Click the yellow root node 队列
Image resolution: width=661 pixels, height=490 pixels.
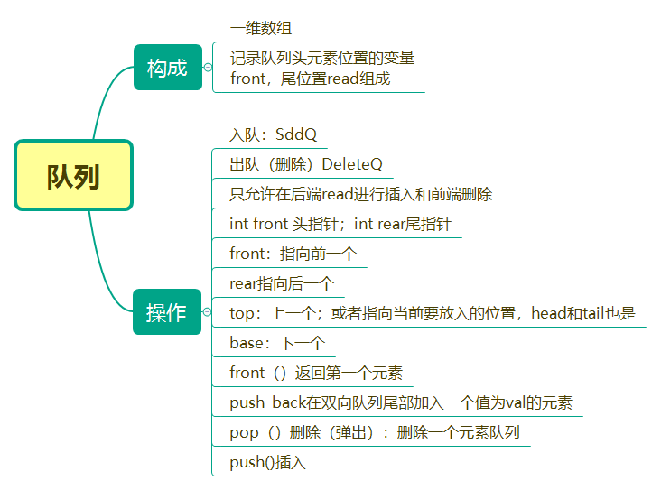73,176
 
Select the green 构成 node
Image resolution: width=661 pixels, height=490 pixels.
167,68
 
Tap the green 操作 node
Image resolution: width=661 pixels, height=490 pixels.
167,312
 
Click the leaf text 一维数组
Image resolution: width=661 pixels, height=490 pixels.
261,29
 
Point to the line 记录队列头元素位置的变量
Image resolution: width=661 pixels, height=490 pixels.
321,58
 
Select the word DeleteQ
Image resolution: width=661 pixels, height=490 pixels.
352,164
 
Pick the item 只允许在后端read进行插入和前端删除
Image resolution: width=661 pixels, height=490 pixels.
360,194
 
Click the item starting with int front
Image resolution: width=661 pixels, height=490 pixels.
340,224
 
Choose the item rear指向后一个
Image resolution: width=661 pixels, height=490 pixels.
282,283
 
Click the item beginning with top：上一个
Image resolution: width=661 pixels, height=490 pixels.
433,313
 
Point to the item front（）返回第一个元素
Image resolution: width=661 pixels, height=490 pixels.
316,373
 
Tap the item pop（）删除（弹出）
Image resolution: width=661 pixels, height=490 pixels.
374,432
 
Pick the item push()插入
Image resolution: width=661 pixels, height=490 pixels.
268,462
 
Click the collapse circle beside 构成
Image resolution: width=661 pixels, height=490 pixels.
208,68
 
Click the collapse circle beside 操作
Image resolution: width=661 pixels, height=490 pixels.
208,312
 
